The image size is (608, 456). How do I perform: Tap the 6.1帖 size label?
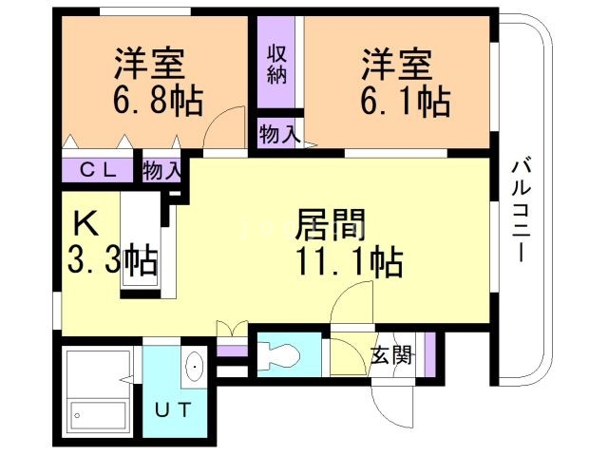tap(404, 98)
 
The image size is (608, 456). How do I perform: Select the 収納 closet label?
tap(276, 65)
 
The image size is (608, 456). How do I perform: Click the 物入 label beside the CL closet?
tap(161, 171)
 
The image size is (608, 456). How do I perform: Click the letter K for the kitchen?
tap(85, 224)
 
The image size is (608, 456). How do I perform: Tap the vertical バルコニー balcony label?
tap(521, 209)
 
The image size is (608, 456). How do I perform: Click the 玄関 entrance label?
tap(390, 356)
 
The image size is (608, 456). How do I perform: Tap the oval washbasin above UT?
tap(195, 367)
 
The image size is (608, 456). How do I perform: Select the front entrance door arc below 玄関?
tap(394, 404)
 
